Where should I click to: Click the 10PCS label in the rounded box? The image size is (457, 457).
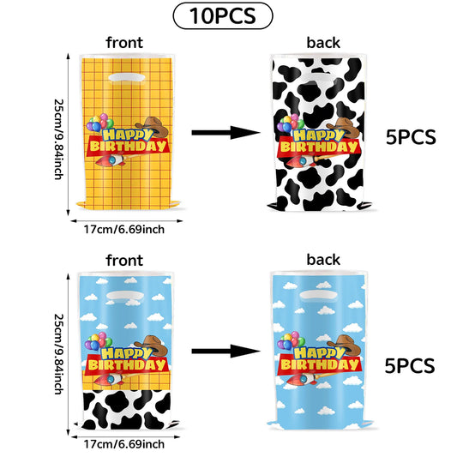click(223, 15)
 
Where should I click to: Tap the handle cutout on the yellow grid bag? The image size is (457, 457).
click(127, 77)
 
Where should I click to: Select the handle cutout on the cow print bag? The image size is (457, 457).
click(320, 77)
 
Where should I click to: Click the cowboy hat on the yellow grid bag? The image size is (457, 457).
click(152, 126)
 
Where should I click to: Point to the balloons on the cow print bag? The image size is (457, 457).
click(291, 123)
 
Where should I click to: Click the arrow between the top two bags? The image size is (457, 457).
click(225, 133)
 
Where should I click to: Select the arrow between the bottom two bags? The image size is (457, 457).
click(225, 352)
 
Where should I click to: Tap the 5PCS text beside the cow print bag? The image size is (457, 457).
click(411, 137)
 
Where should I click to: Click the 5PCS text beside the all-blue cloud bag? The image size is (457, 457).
click(410, 366)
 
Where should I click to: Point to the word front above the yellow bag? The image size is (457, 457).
click(124, 43)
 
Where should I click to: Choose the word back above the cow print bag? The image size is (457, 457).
click(323, 43)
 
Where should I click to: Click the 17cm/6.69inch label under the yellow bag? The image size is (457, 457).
click(124, 230)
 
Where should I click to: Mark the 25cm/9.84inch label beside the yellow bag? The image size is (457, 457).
click(59, 139)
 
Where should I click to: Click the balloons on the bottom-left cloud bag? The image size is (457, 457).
click(98, 341)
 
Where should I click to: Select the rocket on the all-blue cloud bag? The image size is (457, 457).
click(304, 378)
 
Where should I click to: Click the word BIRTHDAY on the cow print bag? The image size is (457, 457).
click(320, 147)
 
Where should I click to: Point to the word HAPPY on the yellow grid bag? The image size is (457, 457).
click(128, 135)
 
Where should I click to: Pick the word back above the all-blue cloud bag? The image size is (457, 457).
click(323, 260)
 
